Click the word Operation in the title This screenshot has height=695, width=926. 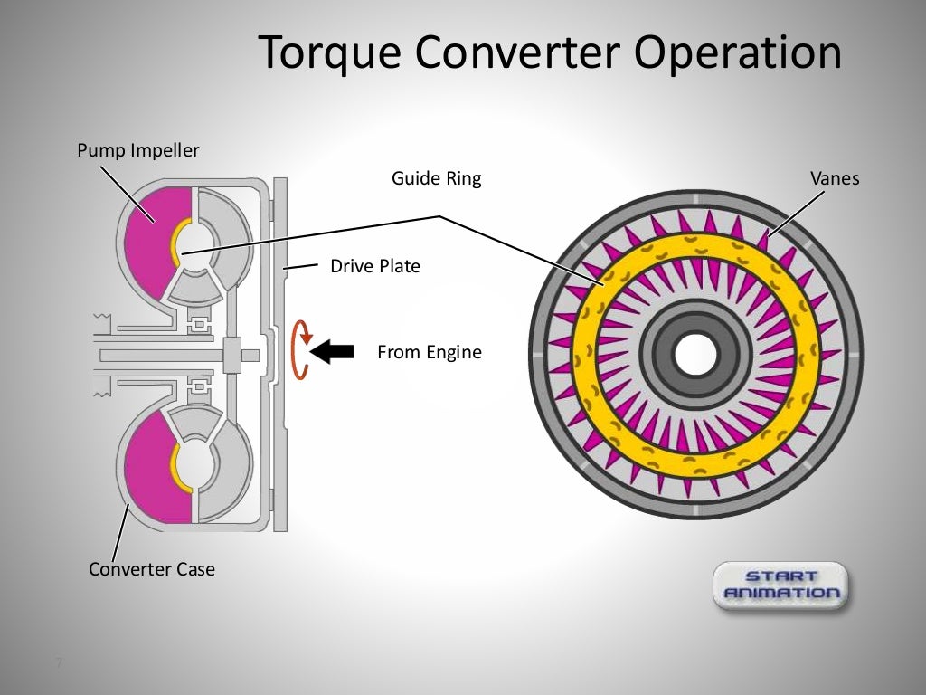click(x=737, y=53)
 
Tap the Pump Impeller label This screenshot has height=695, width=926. click(x=137, y=150)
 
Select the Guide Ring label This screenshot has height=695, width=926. click(x=436, y=179)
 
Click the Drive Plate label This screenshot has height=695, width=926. click(x=374, y=267)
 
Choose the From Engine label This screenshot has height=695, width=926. click(x=429, y=353)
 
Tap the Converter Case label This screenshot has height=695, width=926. click(x=152, y=569)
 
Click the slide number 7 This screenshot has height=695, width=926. click(x=59, y=664)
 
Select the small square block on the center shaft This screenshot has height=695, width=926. click(x=232, y=352)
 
